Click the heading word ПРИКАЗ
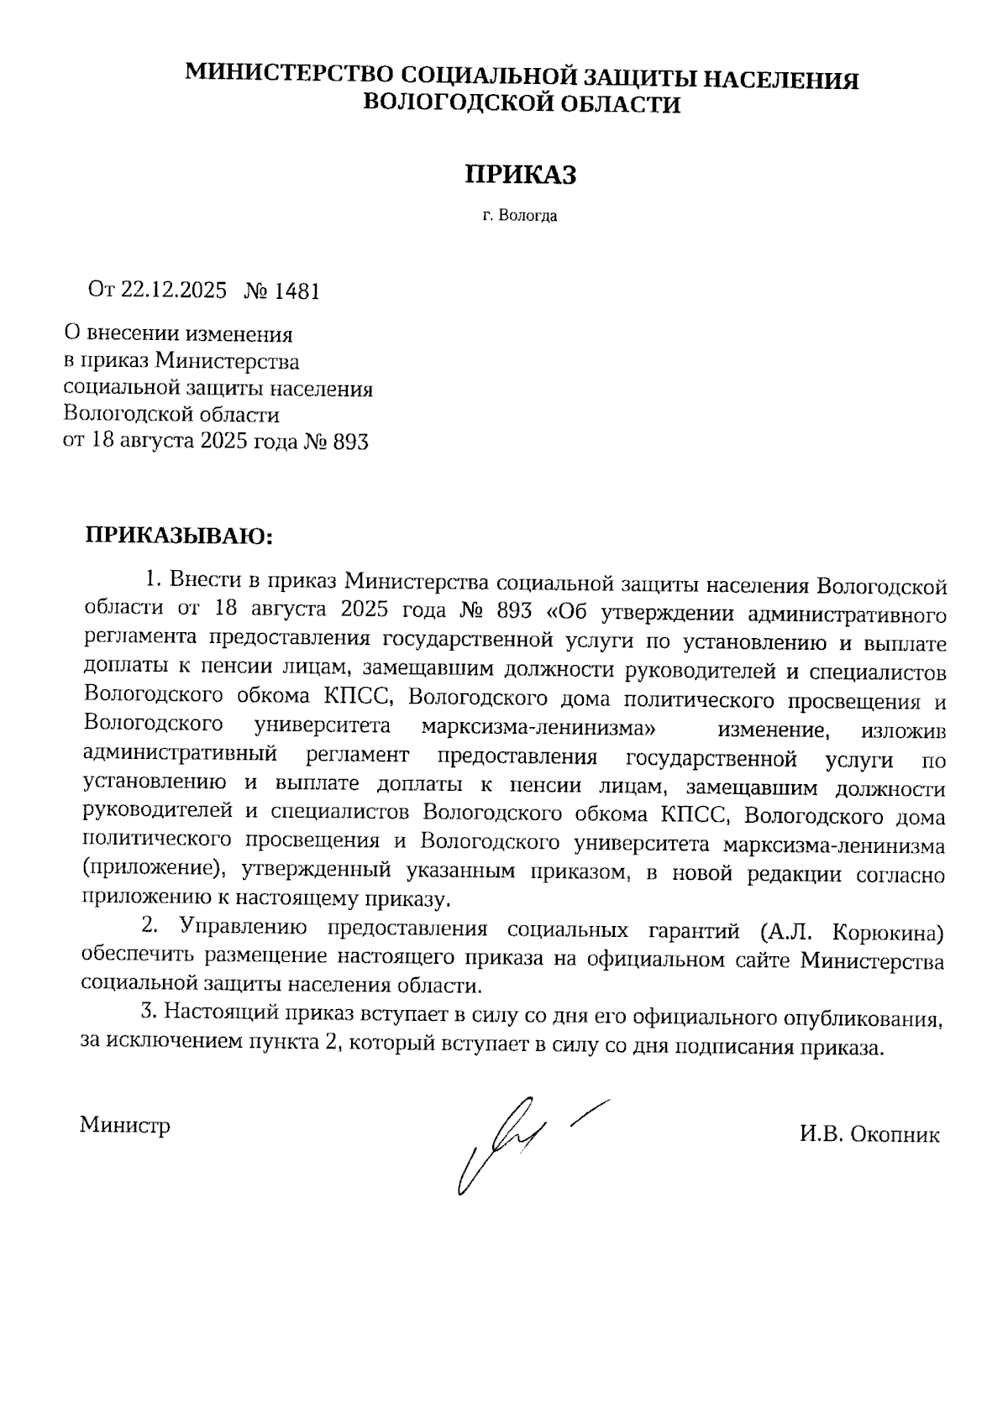pyautogui.click(x=522, y=174)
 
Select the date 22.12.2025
pyautogui.click(x=174, y=290)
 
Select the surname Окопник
pyautogui.click(x=895, y=1136)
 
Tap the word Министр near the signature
pyautogui.click(x=125, y=1125)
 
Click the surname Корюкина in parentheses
pyautogui.click(x=890, y=931)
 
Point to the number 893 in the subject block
pyautogui.click(x=351, y=442)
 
